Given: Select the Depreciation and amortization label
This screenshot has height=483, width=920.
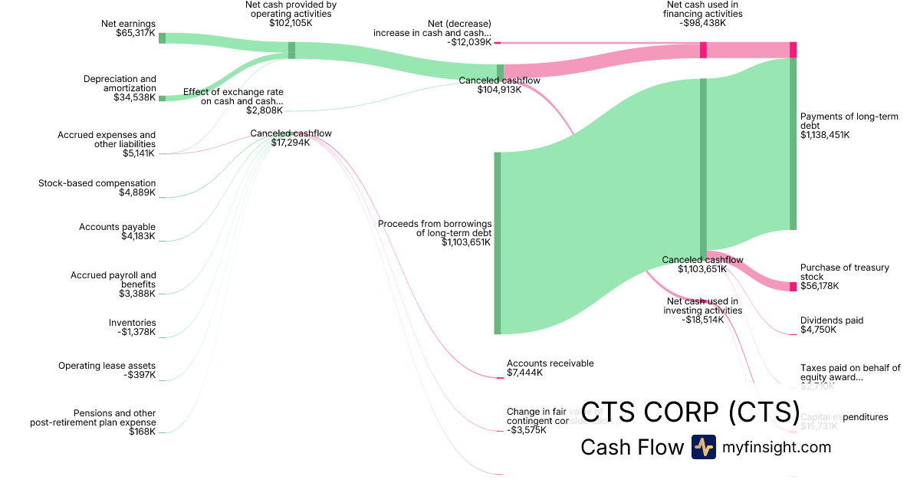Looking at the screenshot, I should point(120,88).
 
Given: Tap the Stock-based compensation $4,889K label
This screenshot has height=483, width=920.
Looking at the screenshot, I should point(97,188).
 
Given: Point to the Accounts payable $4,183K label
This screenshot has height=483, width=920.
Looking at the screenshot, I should point(117,232).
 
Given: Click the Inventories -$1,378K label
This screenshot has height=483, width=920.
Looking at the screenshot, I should point(132,327).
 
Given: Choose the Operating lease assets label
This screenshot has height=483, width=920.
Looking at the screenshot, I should point(107,370).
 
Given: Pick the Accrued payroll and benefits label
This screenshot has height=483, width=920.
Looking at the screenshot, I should point(113,284).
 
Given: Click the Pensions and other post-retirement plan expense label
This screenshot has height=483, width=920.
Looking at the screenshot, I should point(94,422).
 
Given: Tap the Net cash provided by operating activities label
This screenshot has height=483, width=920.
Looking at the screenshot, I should point(291,14).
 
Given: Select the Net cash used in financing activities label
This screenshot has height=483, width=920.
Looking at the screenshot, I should point(703,14).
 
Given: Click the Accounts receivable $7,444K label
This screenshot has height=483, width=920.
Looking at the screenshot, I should point(550,368).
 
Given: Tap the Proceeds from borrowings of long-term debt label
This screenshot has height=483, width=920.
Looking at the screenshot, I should point(435,233).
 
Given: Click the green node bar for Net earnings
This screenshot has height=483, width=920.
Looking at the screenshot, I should point(163,38).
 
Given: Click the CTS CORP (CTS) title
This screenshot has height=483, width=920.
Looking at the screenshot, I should point(690,412).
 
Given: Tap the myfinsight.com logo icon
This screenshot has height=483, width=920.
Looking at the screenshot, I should point(703,447).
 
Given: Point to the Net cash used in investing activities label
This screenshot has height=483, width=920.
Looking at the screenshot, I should point(702,310).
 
